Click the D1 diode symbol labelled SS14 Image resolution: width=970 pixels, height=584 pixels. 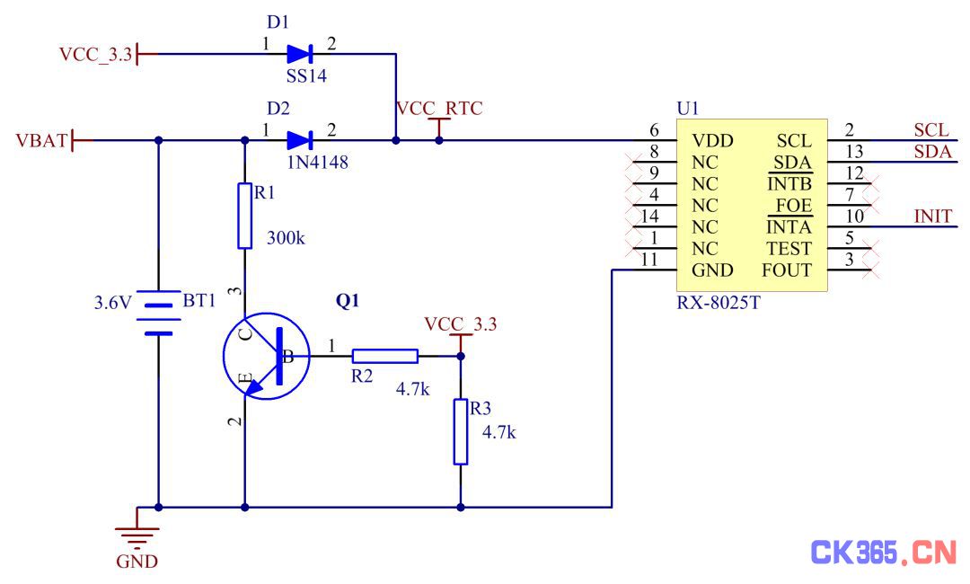pos(300,54)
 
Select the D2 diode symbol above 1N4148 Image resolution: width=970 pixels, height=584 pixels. pos(300,140)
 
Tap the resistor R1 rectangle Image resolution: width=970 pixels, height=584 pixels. pos(245,216)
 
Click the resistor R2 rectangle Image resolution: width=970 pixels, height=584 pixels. pos(384,356)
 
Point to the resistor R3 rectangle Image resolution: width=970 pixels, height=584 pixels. pos(460,432)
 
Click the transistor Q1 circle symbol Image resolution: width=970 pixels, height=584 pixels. pos(267,356)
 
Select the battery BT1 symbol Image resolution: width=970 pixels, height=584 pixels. pos(158,313)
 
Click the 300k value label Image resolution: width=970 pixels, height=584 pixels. pos(286,238)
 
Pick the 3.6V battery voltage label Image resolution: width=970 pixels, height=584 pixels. pos(112,303)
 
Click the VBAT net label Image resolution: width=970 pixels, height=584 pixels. pos(40,141)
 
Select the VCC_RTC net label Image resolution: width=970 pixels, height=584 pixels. pos(438,108)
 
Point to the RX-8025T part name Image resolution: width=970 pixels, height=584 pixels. pos(719,303)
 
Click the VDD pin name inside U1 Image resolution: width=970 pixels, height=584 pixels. pos(712,141)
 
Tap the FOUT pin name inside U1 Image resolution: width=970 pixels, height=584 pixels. pos(786,270)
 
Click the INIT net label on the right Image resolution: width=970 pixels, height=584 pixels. pos(933,217)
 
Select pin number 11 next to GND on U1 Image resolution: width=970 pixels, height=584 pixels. pos(649,260)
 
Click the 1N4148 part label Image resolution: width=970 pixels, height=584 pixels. pos(317,163)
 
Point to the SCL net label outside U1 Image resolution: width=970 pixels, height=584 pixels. pos(931,130)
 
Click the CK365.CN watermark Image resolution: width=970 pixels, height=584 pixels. pos(884,552)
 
